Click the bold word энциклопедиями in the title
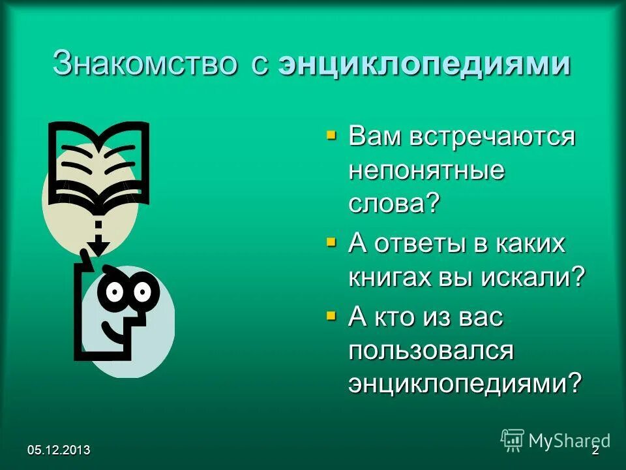[x=425, y=66]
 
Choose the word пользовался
[x=432, y=351]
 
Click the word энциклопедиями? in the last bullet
[x=464, y=383]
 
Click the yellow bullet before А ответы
[x=331, y=243]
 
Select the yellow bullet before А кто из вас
[x=331, y=317]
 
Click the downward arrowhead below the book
[x=98, y=247]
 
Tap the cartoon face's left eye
[x=115, y=292]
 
